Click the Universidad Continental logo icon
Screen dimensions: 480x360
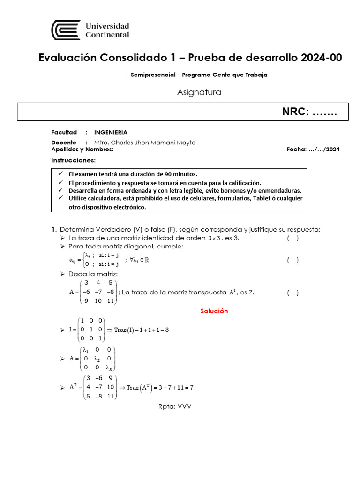pos(66,30)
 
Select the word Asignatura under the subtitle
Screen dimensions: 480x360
pos(199,92)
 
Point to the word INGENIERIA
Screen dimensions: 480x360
pos(111,132)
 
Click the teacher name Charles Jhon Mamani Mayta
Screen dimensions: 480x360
pos(145,142)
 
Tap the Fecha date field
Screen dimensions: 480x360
pos(313,150)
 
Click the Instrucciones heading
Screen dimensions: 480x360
pos(73,160)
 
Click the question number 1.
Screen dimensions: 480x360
pos(54,229)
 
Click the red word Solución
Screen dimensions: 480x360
pos(214,311)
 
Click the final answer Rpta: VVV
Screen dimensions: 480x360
pos(175,406)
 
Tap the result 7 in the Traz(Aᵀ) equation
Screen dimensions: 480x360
pos(191,388)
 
